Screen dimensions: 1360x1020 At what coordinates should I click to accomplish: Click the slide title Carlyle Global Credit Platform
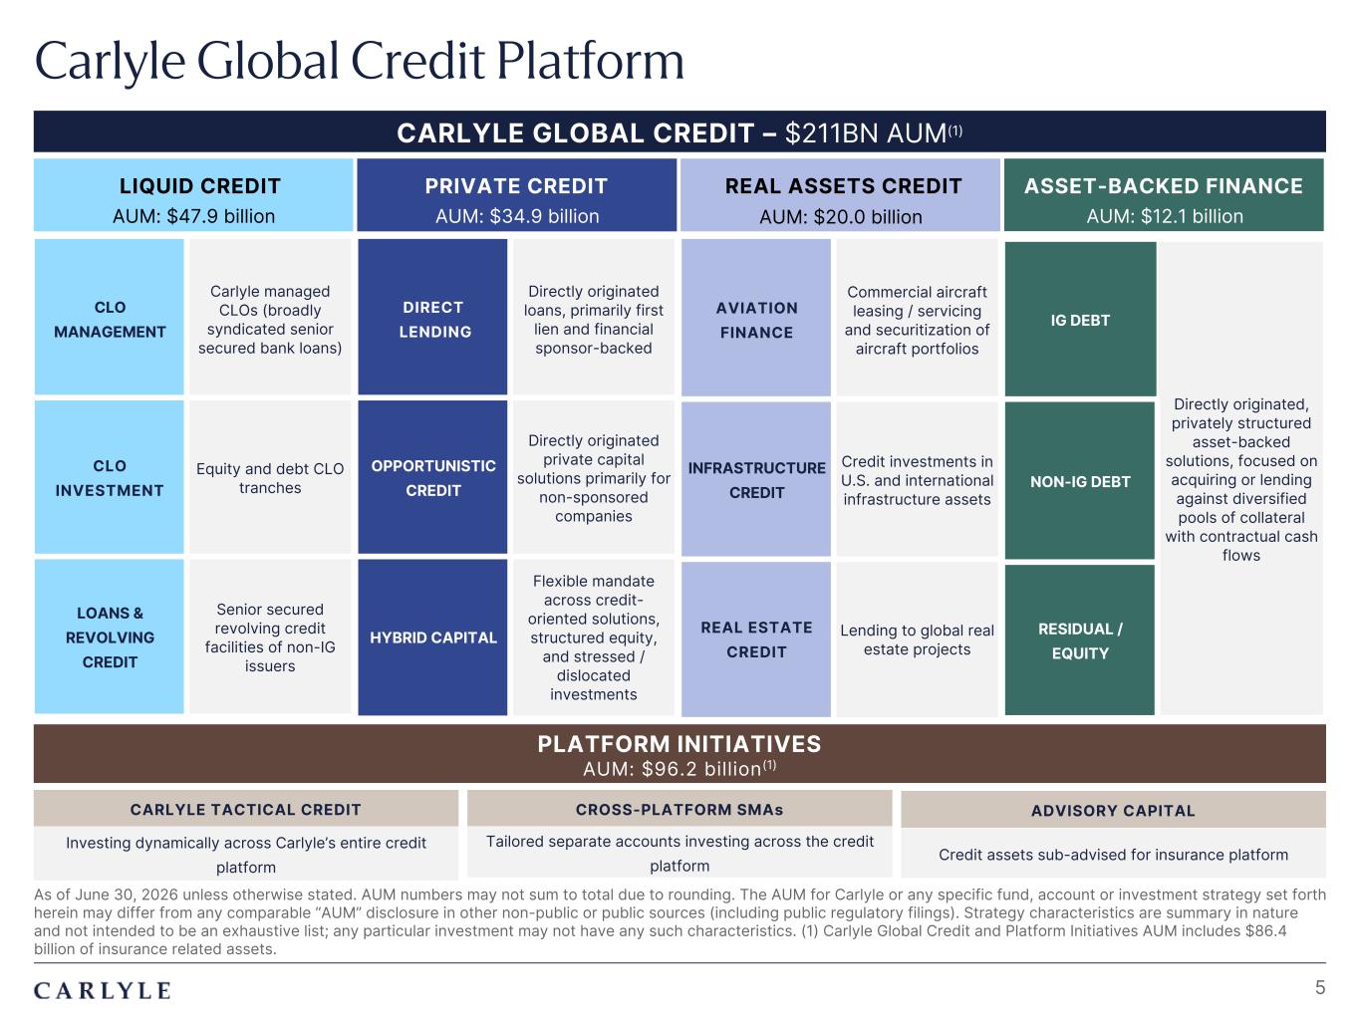(360, 62)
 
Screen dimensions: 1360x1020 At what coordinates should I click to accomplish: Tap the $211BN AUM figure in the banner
(874, 132)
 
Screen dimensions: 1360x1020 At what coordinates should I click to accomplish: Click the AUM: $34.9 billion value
(517, 216)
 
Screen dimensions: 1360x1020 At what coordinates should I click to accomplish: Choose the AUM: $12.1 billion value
(1164, 216)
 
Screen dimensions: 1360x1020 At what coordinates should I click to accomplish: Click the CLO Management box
(109, 317)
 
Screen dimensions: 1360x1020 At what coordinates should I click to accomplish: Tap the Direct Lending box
(432, 317)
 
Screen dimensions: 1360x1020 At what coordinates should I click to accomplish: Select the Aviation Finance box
(756, 318)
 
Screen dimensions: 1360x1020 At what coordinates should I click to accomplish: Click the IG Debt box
(1080, 319)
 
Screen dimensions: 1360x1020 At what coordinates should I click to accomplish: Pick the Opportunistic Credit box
(432, 477)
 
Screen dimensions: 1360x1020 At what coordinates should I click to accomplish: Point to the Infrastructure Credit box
(756, 479)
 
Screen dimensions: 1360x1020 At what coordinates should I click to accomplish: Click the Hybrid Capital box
(432, 637)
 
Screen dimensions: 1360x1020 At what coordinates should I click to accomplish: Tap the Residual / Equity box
(1080, 639)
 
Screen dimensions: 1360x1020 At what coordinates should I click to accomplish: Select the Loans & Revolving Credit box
(109, 637)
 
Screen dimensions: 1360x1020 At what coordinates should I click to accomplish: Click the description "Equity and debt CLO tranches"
(270, 478)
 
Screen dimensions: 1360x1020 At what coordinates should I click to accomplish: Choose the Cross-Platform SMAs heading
(680, 810)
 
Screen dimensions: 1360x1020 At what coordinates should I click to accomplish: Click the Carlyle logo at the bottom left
(103, 990)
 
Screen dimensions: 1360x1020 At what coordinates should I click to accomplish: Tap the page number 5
(1320, 987)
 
